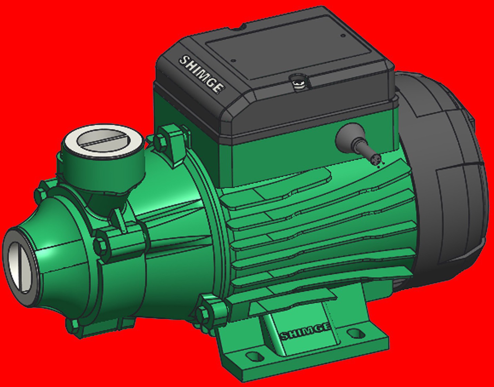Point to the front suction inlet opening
click(x=20, y=266)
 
